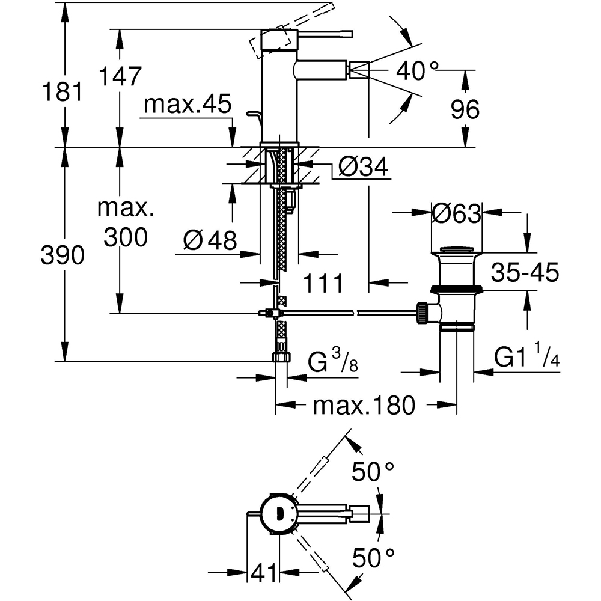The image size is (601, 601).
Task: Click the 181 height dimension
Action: [62, 93]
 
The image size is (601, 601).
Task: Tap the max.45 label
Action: [188, 103]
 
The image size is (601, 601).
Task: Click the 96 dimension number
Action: [465, 109]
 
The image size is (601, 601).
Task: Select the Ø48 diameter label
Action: [210, 240]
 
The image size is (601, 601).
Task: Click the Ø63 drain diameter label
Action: [456, 213]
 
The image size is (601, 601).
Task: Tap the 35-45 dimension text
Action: [525, 272]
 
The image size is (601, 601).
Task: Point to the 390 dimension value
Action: [63, 255]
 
